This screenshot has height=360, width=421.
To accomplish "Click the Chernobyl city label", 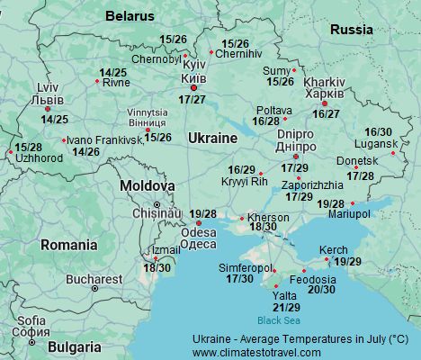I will point(155,59).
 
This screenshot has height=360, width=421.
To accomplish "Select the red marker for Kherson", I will point(242,218).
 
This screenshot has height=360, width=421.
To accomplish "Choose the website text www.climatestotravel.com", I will point(256,352).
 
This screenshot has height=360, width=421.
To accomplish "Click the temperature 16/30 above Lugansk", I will point(378,132).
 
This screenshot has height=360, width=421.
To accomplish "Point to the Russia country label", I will point(351,30).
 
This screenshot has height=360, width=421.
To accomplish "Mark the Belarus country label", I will point(130,16).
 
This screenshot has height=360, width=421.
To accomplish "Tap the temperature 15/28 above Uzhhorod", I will point(28,147).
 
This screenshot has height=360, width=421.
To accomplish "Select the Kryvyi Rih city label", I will point(244,181).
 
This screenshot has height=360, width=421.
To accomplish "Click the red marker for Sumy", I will point(293,70).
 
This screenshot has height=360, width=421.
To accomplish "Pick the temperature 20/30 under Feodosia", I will point(321,290).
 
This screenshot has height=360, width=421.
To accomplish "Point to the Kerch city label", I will point(333,249).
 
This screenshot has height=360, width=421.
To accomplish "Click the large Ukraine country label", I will point(212,138).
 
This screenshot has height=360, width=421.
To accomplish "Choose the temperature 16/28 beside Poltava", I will point(266,121).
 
